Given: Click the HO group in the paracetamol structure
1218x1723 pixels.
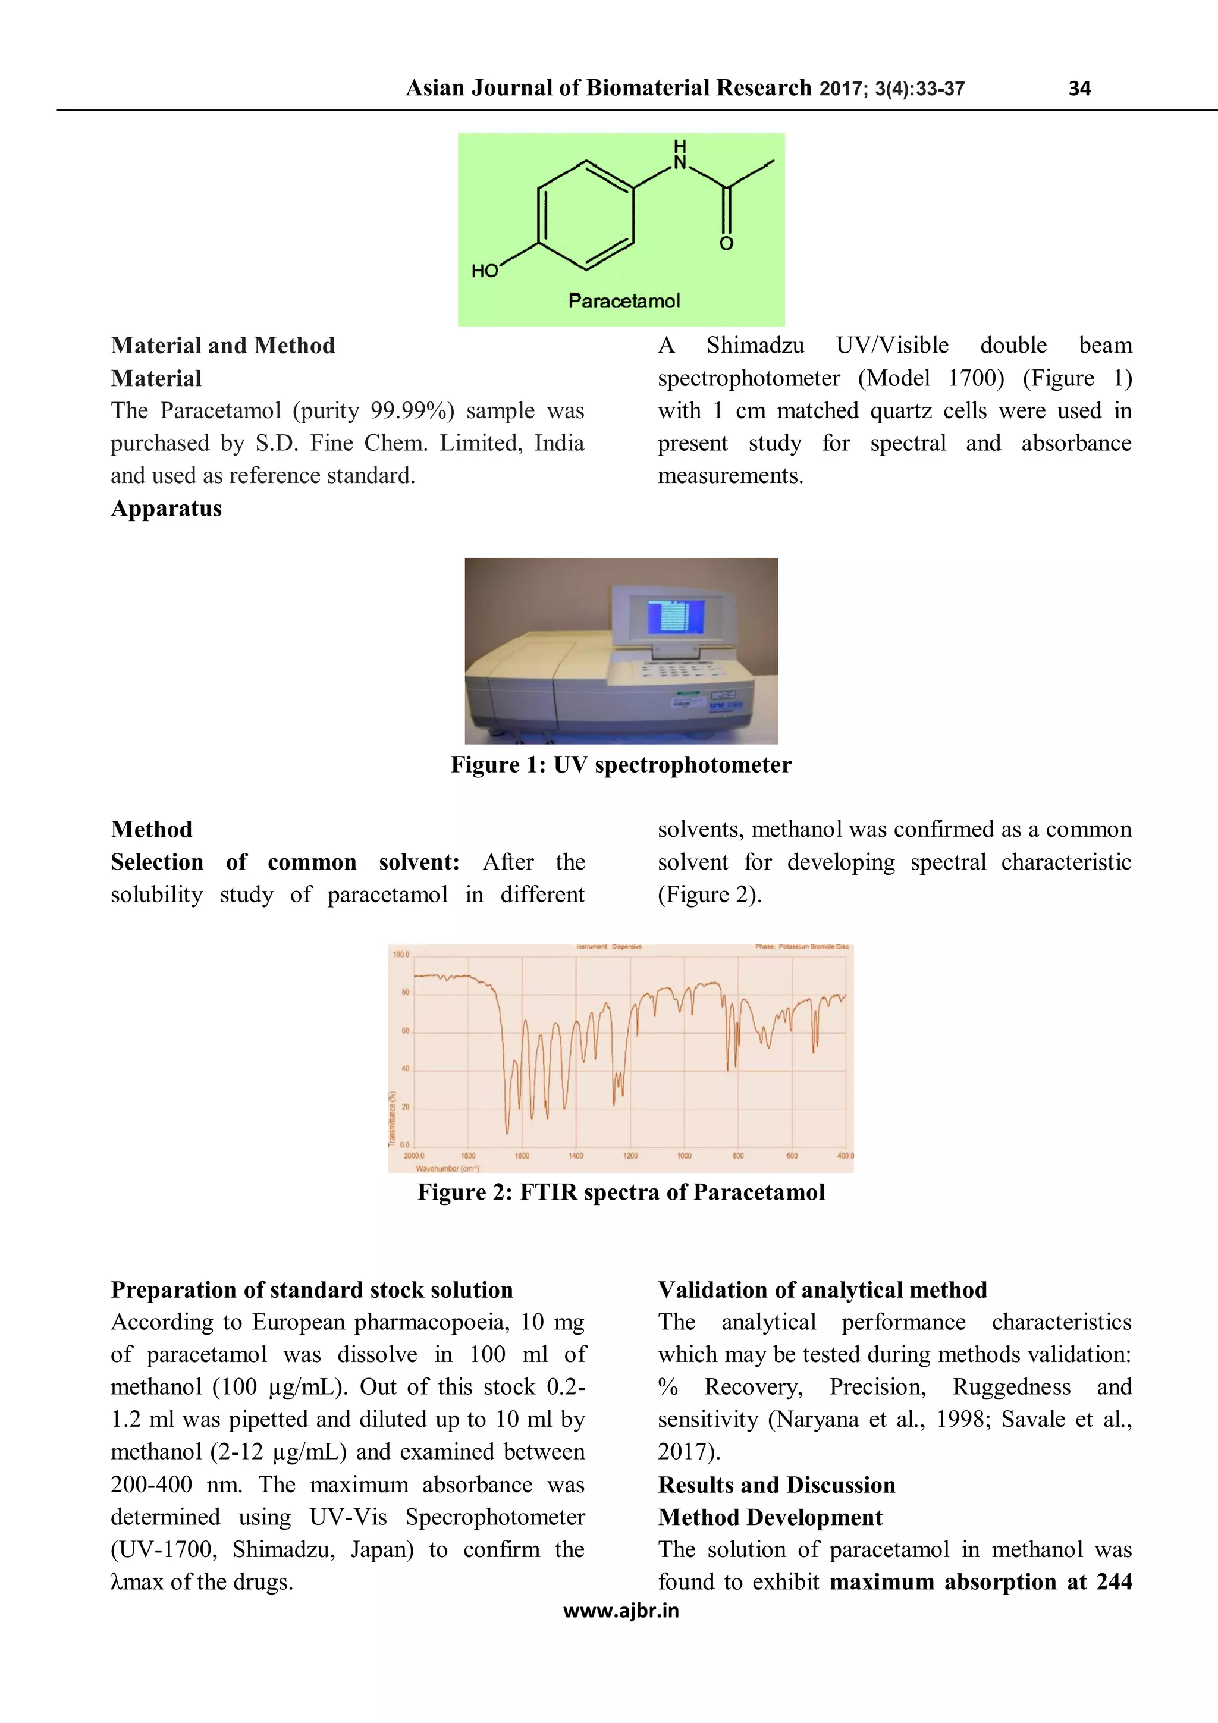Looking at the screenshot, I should (485, 271).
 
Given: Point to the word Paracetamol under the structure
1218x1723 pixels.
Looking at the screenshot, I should (624, 301).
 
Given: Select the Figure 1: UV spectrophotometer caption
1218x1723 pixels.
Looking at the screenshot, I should (621, 765).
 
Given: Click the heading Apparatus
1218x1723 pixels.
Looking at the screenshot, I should (167, 508).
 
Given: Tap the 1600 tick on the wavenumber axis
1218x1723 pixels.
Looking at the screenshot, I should (522, 1156).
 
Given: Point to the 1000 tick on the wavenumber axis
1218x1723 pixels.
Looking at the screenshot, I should (684, 1156).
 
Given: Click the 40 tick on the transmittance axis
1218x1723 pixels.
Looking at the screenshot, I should (405, 1069).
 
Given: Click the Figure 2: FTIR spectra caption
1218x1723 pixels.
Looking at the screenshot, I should (621, 1192).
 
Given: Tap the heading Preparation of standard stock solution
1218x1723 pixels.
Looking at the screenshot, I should (312, 1289).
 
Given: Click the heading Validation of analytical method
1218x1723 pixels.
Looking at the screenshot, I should (823, 1289).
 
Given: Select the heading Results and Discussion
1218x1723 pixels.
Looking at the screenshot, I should (777, 1485).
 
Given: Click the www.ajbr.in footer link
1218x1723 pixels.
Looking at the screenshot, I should (621, 1611).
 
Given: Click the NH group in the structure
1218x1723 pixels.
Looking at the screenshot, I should (680, 155).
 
